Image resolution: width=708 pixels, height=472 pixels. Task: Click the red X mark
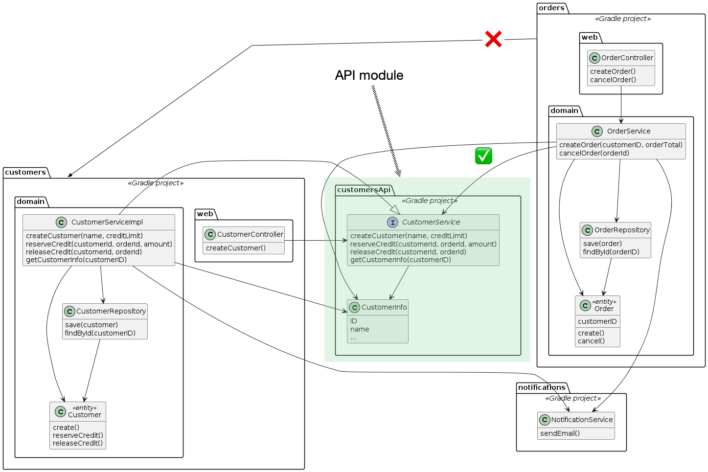493,39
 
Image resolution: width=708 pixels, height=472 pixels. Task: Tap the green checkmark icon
483,156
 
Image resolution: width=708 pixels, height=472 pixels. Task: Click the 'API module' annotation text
369,75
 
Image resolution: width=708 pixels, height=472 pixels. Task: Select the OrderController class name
627,58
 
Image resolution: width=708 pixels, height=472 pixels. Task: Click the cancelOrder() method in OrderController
613,80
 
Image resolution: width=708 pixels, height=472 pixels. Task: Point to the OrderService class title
628,131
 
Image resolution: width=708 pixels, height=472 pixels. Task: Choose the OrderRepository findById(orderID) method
611,252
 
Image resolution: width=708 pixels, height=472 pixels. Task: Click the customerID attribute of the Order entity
597,321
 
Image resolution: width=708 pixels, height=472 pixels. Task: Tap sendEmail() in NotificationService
560,433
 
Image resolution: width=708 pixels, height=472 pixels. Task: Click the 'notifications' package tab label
542,387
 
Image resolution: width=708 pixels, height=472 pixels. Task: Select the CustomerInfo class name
384,307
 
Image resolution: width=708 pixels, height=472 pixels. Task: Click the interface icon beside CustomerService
392,223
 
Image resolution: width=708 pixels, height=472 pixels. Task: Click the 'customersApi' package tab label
364,190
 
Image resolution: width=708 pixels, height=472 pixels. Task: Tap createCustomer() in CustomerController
236,248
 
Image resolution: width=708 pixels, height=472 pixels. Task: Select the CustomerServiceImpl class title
107,222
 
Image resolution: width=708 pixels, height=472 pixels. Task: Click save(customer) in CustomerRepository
91,325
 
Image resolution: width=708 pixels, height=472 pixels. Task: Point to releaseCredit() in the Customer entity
78,443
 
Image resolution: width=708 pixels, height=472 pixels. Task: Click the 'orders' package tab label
551,8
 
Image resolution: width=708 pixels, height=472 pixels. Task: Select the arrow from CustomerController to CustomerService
316,241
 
